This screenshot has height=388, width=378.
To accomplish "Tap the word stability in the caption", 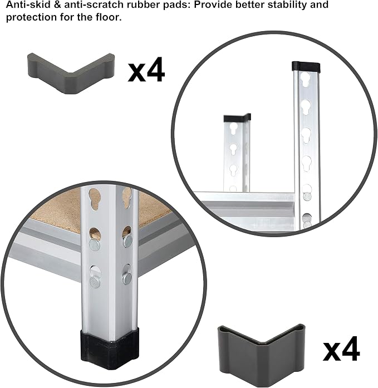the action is (278, 5).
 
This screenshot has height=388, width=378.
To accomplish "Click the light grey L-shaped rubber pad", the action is (71, 74).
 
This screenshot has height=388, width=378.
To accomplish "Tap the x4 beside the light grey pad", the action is (146, 70).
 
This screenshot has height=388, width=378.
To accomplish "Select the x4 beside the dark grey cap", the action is (341, 348).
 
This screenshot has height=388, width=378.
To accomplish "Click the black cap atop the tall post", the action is (306, 66).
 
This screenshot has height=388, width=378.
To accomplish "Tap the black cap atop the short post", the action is (237, 118).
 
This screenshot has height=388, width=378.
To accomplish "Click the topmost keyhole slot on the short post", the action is (234, 129).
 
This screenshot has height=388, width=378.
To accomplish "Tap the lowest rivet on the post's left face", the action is (95, 282).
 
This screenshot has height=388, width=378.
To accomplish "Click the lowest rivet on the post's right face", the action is (127, 278).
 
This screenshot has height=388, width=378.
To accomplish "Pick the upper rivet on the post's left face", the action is (95, 244).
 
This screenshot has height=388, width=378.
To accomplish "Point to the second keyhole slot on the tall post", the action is (306, 107).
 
